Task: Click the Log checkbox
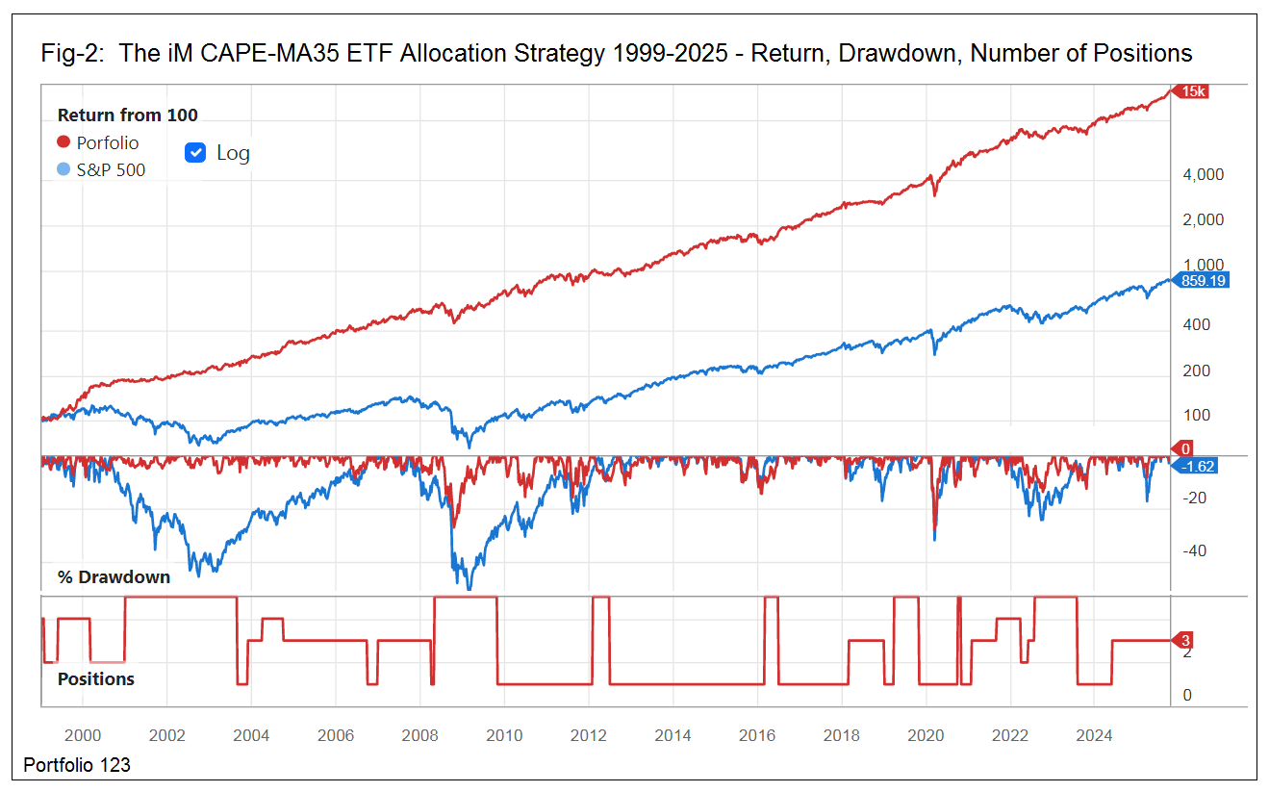tap(196, 153)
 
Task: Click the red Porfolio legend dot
tap(63, 142)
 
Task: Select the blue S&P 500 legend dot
tap(63, 170)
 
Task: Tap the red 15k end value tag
tap(1192, 91)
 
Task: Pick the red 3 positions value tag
tap(1185, 641)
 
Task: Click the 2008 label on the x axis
tap(420, 736)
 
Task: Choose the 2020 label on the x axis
tap(926, 736)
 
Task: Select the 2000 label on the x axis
tap(82, 736)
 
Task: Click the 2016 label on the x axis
tap(757, 736)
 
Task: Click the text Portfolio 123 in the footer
tap(77, 765)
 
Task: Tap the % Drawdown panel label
tap(114, 577)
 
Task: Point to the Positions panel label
tap(96, 678)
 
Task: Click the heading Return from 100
tap(128, 115)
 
